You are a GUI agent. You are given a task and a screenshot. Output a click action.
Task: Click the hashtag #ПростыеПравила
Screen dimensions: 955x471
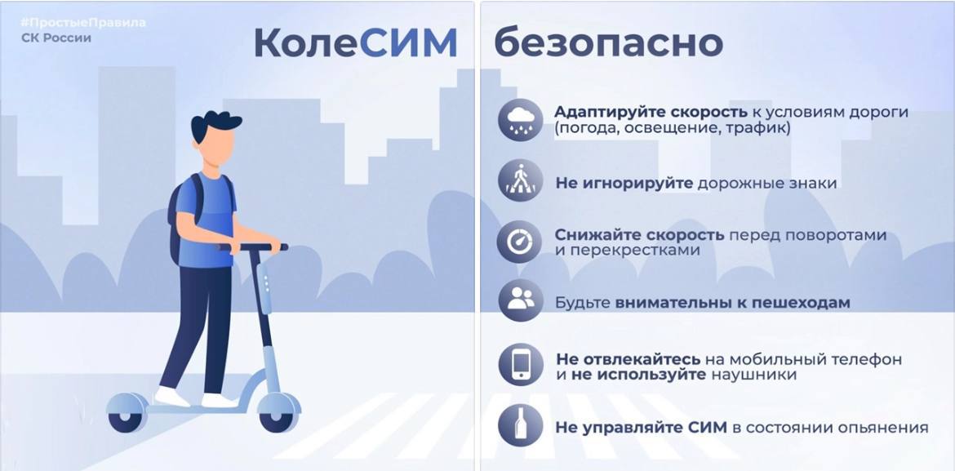click(82, 23)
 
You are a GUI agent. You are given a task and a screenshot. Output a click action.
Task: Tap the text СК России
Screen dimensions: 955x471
click(56, 38)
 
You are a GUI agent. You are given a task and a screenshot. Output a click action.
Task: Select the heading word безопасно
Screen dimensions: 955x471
click(608, 44)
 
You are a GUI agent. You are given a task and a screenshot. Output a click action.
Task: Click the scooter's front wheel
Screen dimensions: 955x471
click(279, 415)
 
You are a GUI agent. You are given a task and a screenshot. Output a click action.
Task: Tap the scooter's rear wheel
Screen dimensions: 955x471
click(127, 415)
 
